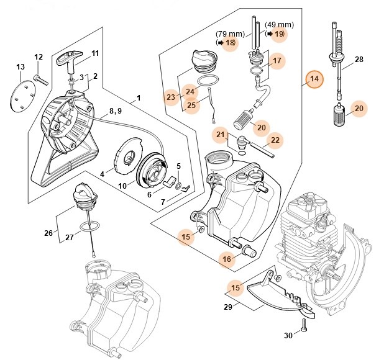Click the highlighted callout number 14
click(314, 79)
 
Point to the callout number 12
click(39, 57)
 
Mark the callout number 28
click(359, 60)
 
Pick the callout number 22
click(275, 141)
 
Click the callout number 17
click(277, 61)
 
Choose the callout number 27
click(70, 237)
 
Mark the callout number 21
click(221, 134)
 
